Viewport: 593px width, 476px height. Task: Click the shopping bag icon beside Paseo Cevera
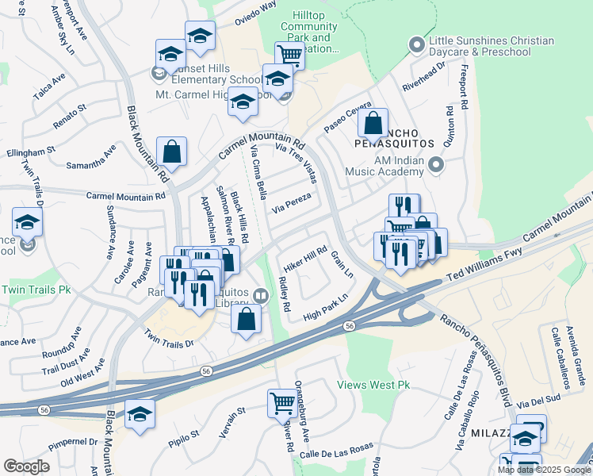(x=372, y=125)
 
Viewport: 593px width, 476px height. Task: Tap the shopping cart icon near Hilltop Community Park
(x=290, y=56)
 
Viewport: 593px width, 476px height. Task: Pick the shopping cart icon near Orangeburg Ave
(x=282, y=404)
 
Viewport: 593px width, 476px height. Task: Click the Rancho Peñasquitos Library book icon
(x=260, y=295)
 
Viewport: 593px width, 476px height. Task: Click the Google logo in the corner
(x=26, y=466)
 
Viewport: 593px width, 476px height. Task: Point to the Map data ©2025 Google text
(x=543, y=469)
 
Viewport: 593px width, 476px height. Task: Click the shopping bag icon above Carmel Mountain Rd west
(x=171, y=151)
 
